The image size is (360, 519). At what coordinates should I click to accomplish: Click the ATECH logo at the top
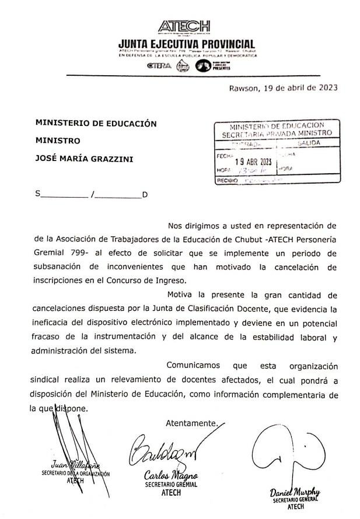184,26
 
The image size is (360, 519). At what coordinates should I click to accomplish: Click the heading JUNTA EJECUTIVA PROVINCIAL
186,44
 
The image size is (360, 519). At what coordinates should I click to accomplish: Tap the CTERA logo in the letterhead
160,66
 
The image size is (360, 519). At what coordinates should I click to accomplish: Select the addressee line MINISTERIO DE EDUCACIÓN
96,124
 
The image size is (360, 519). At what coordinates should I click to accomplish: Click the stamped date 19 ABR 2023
254,162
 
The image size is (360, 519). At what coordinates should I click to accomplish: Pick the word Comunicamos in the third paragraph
193,366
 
